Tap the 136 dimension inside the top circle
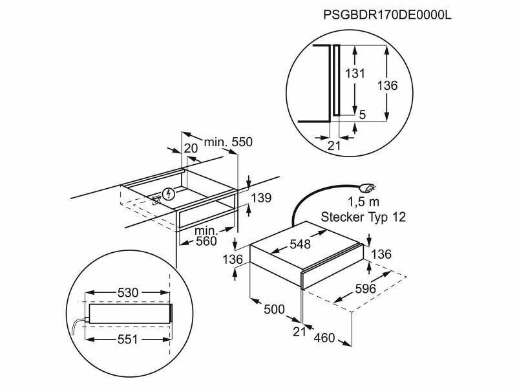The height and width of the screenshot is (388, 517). point(386,85)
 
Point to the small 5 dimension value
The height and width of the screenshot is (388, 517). point(363,114)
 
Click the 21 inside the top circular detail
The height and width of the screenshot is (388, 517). point(333,145)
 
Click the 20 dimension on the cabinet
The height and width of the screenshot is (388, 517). point(190,148)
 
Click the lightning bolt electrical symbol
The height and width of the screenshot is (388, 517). point(169,193)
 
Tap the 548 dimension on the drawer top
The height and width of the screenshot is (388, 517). point(301,244)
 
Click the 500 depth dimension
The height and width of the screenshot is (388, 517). point(275,310)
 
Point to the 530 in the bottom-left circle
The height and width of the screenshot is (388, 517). point(128,293)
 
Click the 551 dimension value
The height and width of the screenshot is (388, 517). point(127,339)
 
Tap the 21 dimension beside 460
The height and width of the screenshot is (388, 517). point(299,332)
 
